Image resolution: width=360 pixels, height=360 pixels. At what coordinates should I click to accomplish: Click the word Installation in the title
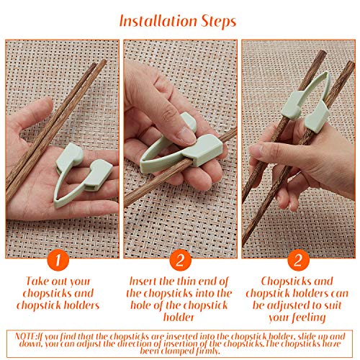pos(155,21)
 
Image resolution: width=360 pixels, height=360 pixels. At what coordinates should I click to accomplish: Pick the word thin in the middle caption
pos(186,280)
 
